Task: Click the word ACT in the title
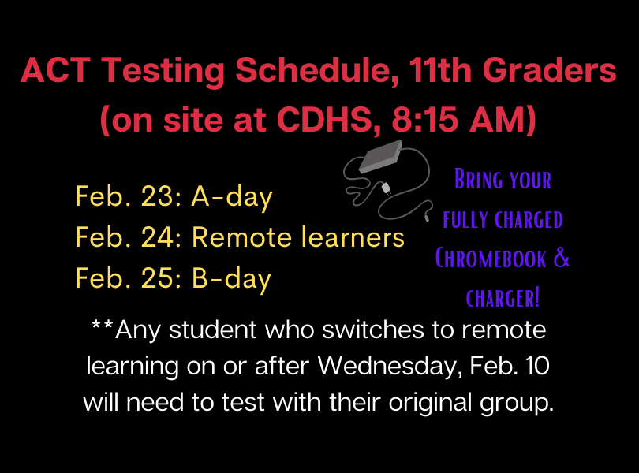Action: [x=56, y=70]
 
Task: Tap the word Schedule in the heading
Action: [x=317, y=71]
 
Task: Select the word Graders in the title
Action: [x=549, y=70]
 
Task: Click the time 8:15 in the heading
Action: [x=425, y=120]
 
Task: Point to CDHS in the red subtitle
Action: [x=328, y=121]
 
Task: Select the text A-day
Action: [x=232, y=198]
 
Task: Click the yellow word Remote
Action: [x=241, y=236]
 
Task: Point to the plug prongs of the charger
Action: [x=386, y=188]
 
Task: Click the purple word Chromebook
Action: [x=491, y=259]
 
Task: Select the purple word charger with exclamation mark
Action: [x=503, y=297]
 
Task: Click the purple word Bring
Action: [x=478, y=179]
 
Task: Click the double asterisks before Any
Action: [x=103, y=325]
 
